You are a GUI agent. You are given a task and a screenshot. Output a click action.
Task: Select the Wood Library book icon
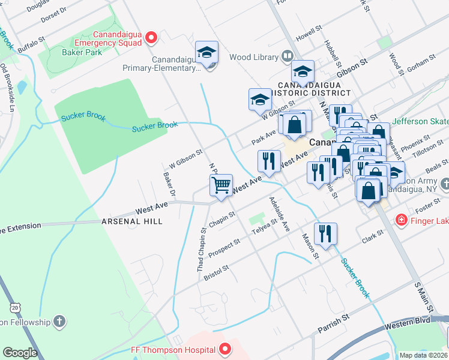pyautogui.click(x=288, y=57)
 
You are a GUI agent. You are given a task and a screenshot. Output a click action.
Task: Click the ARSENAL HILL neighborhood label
pyautogui.click(x=133, y=221)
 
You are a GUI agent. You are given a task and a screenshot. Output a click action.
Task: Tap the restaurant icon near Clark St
pyautogui.click(x=325, y=233)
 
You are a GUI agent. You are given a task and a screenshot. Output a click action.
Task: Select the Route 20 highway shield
pyautogui.click(x=15, y=307)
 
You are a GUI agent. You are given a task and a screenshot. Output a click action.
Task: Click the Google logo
pyautogui.click(x=20, y=353)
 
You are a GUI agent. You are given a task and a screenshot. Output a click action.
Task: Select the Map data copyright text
pyautogui.click(x=423, y=355)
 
